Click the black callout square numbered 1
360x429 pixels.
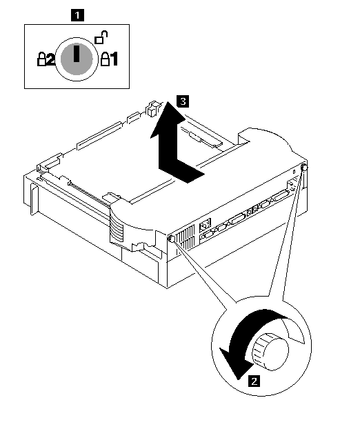(77, 15)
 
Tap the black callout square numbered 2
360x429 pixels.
(254, 381)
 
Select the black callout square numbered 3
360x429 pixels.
(183, 101)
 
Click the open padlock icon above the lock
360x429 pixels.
(101, 37)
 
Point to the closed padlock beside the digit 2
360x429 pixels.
(41, 59)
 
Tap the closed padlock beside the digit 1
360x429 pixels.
(105, 59)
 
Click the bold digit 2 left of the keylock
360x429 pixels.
(50, 59)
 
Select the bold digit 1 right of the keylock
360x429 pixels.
(114, 59)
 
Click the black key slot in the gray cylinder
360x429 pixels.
(77, 54)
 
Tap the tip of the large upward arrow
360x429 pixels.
(168, 102)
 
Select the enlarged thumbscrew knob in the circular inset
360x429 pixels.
(270, 352)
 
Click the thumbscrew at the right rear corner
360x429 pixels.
(304, 167)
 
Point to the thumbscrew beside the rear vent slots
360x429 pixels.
(172, 239)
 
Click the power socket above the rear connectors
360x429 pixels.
(205, 225)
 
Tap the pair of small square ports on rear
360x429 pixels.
(252, 210)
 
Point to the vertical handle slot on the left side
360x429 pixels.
(34, 199)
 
